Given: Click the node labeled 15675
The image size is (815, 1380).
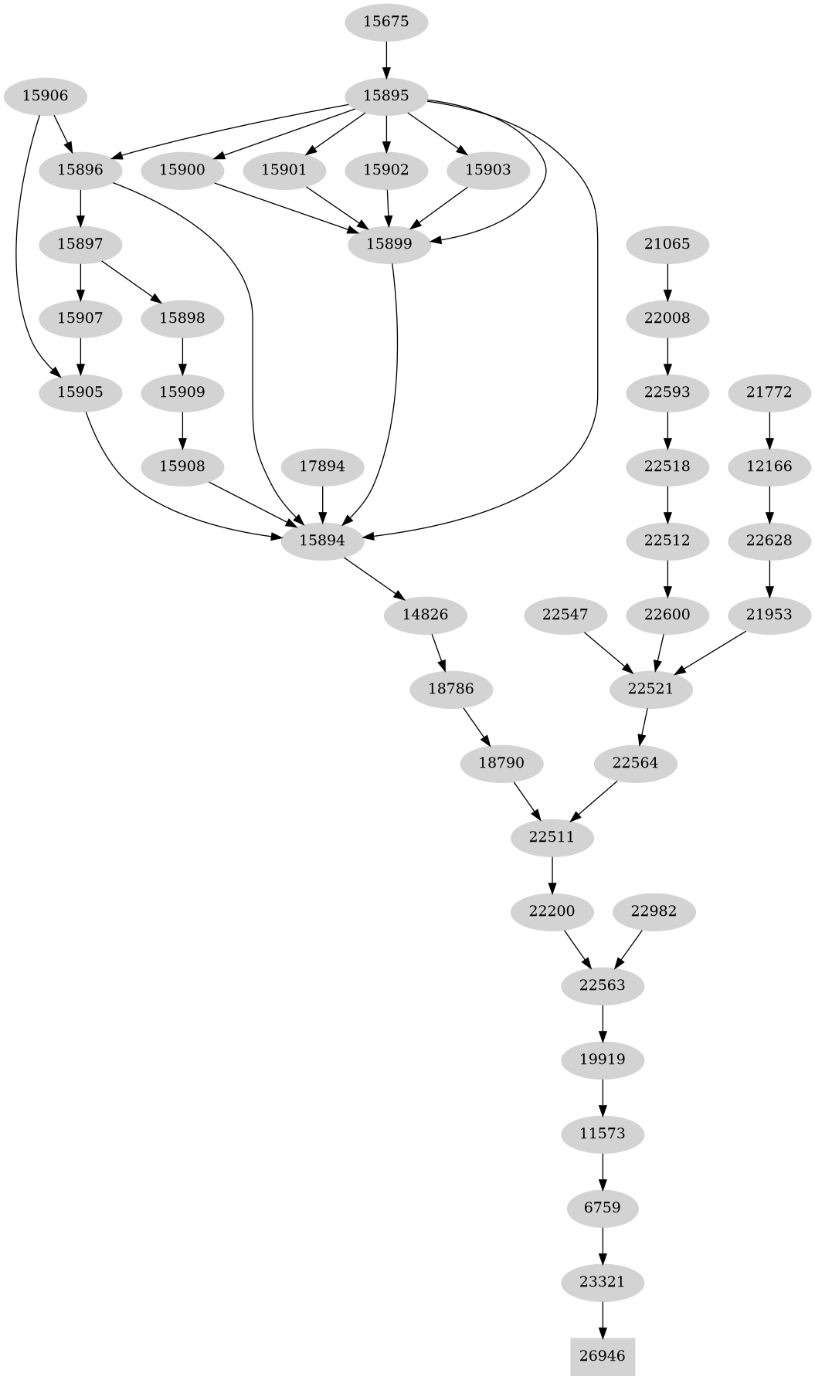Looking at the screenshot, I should pyautogui.click(x=385, y=22).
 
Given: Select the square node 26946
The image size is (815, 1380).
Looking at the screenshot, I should pyautogui.click(x=603, y=1355).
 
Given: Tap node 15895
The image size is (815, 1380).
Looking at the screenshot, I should pyautogui.click(x=385, y=97).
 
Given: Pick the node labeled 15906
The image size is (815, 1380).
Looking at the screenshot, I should pyautogui.click(x=45, y=97).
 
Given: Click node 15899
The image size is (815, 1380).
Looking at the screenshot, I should pyautogui.click(x=389, y=244).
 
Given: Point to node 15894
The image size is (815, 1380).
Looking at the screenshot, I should pyautogui.click(x=322, y=541).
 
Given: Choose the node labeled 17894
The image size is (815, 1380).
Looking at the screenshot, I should pyautogui.click(x=322, y=466).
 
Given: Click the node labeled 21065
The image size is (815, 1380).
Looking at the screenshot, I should pyautogui.click(x=667, y=245).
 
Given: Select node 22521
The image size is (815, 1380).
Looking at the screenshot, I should pyautogui.click(x=650, y=689).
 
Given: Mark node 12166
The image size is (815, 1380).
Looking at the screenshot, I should pyautogui.click(x=769, y=466).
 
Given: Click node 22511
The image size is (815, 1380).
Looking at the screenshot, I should pyautogui.click(x=552, y=837).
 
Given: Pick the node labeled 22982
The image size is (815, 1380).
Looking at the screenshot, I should pyautogui.click(x=654, y=911).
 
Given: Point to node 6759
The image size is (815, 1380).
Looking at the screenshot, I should pyautogui.click(x=603, y=1207).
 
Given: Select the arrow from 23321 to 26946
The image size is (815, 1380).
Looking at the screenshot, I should pyautogui.click(x=603, y=1318).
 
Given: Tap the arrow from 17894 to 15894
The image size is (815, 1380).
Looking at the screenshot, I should pyautogui.click(x=322, y=504).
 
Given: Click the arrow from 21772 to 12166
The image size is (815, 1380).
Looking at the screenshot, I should pyautogui.click(x=769, y=429).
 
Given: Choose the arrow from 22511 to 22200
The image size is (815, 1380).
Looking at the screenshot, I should pyautogui.click(x=552, y=874).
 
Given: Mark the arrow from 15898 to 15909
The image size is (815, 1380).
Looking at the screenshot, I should pyautogui.click(x=182, y=355).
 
